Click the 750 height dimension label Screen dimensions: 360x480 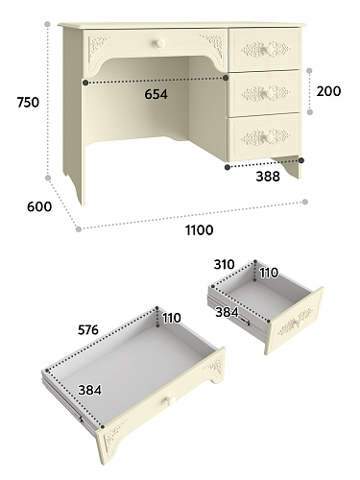(x=28, y=103)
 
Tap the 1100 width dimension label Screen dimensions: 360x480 (x=200, y=230)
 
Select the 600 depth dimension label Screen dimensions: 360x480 (x=39, y=206)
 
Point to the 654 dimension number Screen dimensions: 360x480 (x=156, y=94)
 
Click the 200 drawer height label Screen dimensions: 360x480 (x=328, y=91)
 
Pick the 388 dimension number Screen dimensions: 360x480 (x=268, y=177)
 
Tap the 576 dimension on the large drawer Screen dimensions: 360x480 (x=88, y=330)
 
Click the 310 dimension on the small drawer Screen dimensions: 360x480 (x=225, y=265)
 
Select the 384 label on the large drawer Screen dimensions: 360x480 (x=90, y=390)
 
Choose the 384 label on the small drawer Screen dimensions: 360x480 (x=227, y=312)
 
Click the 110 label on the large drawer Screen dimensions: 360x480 (x=172, y=318)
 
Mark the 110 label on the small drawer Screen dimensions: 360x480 (x=269, y=273)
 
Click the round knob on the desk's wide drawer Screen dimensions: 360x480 (x=159, y=43)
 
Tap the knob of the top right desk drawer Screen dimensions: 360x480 (x=267, y=50)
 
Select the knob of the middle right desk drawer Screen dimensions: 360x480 (x=268, y=93)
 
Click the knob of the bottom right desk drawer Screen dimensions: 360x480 (x=269, y=137)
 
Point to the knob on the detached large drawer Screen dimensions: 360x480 (x=170, y=400)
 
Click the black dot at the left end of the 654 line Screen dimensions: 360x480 (x=85, y=83)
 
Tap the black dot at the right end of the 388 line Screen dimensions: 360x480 (x=301, y=160)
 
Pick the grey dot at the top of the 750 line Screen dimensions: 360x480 (x=48, y=24)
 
